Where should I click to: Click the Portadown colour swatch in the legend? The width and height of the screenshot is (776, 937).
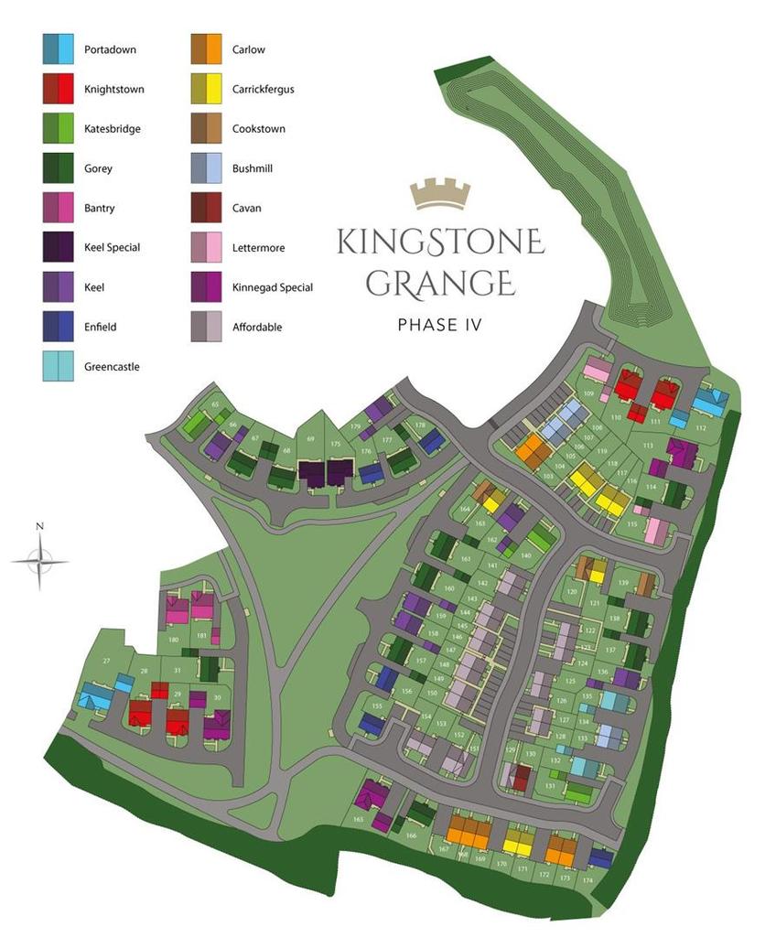[58, 49]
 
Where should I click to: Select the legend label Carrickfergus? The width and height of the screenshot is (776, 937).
[264, 90]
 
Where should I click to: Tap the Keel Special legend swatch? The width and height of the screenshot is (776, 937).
[58, 248]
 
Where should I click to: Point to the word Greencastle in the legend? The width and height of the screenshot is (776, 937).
[112, 367]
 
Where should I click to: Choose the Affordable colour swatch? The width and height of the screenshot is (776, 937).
[206, 327]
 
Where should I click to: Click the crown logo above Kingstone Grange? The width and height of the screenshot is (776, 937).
[440, 193]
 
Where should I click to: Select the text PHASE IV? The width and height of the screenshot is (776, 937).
[440, 324]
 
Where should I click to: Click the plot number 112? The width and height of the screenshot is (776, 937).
[701, 428]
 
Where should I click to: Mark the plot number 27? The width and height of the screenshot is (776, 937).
[106, 661]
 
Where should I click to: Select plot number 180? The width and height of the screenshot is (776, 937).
[174, 640]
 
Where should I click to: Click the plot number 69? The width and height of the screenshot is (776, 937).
[310, 440]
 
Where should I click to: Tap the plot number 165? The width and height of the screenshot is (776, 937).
[358, 820]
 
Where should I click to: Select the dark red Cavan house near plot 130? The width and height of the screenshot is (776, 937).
[521, 777]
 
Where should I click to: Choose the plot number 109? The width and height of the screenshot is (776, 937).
[589, 394]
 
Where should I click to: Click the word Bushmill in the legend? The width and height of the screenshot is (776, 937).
[253, 169]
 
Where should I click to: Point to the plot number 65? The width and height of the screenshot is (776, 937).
[216, 404]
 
